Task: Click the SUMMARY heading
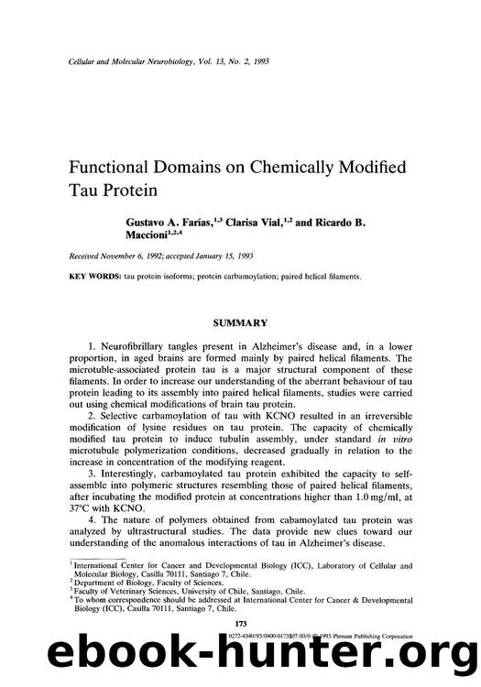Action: click(240, 322)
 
